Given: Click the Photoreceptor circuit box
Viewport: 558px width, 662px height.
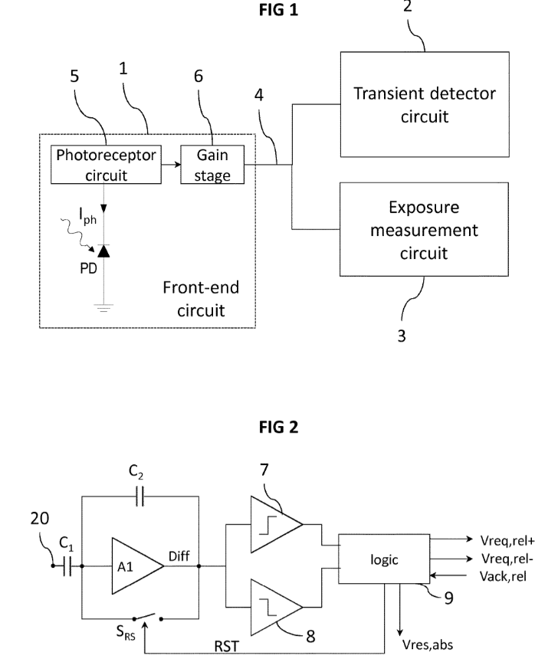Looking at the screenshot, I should click(106, 164).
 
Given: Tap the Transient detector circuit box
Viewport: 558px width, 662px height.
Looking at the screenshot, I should click(424, 106).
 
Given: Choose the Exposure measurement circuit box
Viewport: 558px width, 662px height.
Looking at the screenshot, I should click(424, 230).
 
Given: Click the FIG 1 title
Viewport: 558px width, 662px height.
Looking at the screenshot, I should click(278, 11).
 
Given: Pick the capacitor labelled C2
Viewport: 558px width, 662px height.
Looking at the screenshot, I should click(139, 499).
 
